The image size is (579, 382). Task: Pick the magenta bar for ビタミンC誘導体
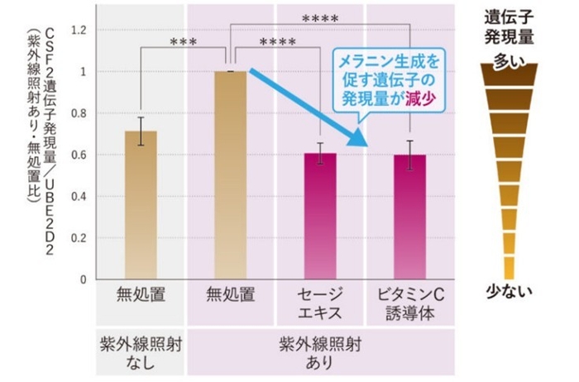point(409,217)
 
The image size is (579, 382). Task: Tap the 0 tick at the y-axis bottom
point(84,279)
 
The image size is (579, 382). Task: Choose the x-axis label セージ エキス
point(319,303)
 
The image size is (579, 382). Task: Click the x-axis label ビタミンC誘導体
point(410,303)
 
